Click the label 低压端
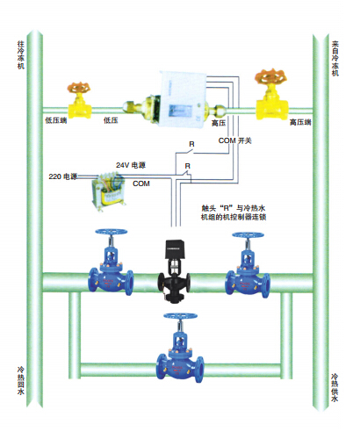click(56, 120)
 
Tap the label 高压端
click(300, 122)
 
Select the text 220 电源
click(63, 176)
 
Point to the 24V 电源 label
click(131, 165)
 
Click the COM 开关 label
click(235, 140)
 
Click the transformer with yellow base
click(108, 191)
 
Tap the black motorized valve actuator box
click(175, 248)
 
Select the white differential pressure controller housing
click(183, 98)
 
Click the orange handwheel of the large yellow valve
click(270, 76)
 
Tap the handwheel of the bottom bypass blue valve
click(180, 316)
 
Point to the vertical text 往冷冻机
click(21, 54)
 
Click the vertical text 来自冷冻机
click(335, 58)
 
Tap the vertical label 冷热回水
click(21, 381)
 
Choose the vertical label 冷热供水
click(335, 387)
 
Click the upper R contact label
click(191, 144)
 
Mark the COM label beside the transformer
click(141, 183)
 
